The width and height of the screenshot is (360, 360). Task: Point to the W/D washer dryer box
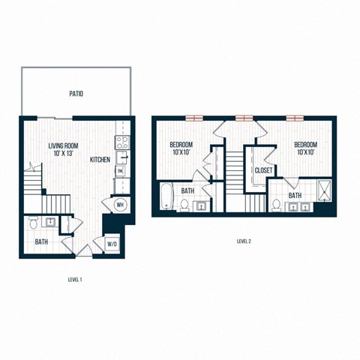point(112,244)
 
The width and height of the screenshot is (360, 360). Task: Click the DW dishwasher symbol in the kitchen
point(119,172)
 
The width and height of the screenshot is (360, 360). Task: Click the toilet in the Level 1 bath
point(34,223)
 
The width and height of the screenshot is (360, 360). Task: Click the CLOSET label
point(263,171)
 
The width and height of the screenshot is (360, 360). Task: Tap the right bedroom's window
point(295,117)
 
